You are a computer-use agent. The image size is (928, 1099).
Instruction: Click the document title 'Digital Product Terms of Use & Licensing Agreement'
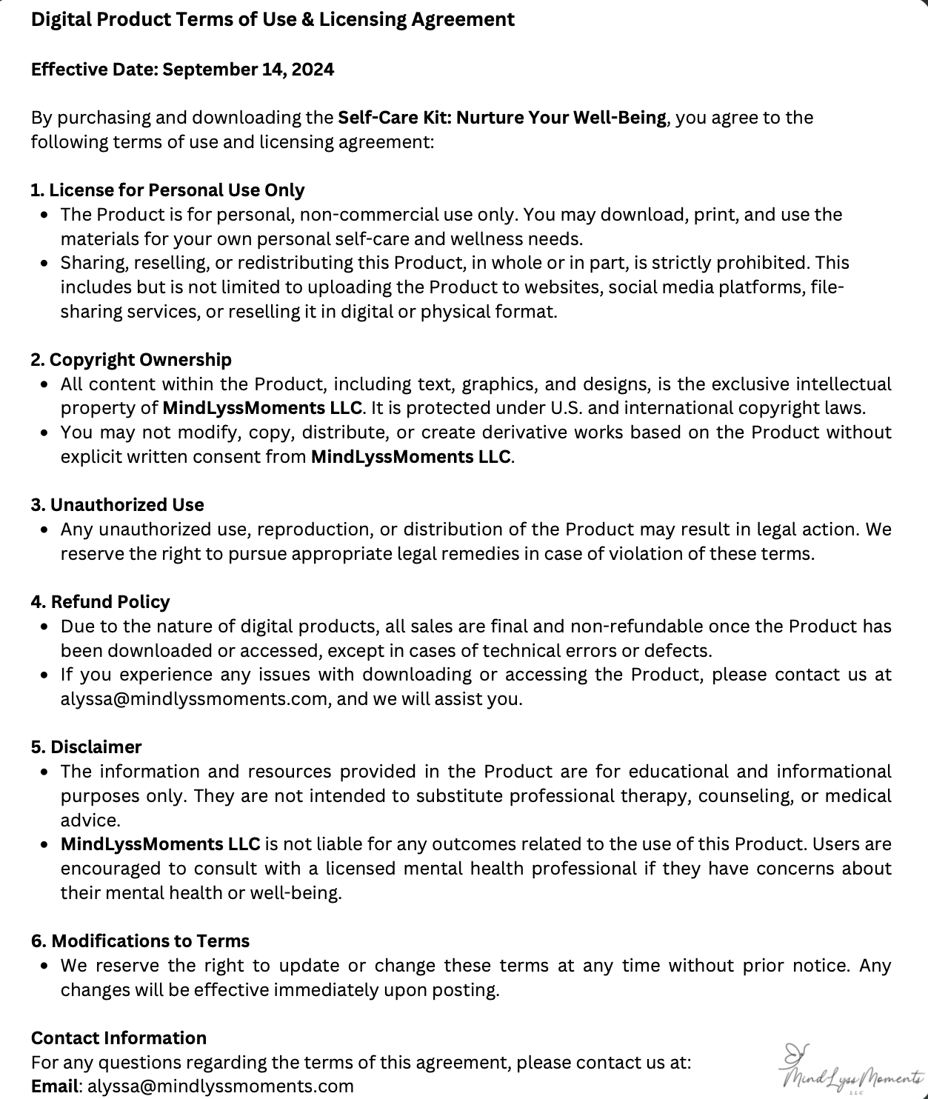click(273, 20)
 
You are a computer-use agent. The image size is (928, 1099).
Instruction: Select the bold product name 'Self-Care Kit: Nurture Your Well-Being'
click(502, 118)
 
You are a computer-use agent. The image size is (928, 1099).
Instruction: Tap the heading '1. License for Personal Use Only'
click(167, 190)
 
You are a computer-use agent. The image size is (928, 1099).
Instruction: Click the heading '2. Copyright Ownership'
click(131, 360)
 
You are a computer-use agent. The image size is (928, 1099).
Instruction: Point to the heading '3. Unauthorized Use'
click(117, 505)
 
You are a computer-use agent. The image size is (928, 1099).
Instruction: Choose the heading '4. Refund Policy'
click(100, 602)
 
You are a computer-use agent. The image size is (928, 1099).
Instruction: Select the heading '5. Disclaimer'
click(86, 747)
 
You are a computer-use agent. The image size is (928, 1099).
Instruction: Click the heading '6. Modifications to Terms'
click(140, 941)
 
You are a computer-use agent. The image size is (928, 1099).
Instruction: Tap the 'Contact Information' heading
click(118, 1038)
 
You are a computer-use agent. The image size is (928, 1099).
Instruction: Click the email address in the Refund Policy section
click(194, 699)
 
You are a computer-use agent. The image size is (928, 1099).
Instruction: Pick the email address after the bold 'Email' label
click(221, 1086)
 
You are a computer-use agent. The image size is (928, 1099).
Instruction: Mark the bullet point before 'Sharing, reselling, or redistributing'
click(46, 264)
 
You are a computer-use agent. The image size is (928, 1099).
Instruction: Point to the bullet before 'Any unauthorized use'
click(46, 530)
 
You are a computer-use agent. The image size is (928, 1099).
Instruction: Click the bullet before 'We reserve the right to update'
click(46, 966)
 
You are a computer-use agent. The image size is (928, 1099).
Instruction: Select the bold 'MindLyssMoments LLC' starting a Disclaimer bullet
click(160, 844)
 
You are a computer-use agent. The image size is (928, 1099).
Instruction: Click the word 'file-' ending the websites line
click(828, 287)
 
